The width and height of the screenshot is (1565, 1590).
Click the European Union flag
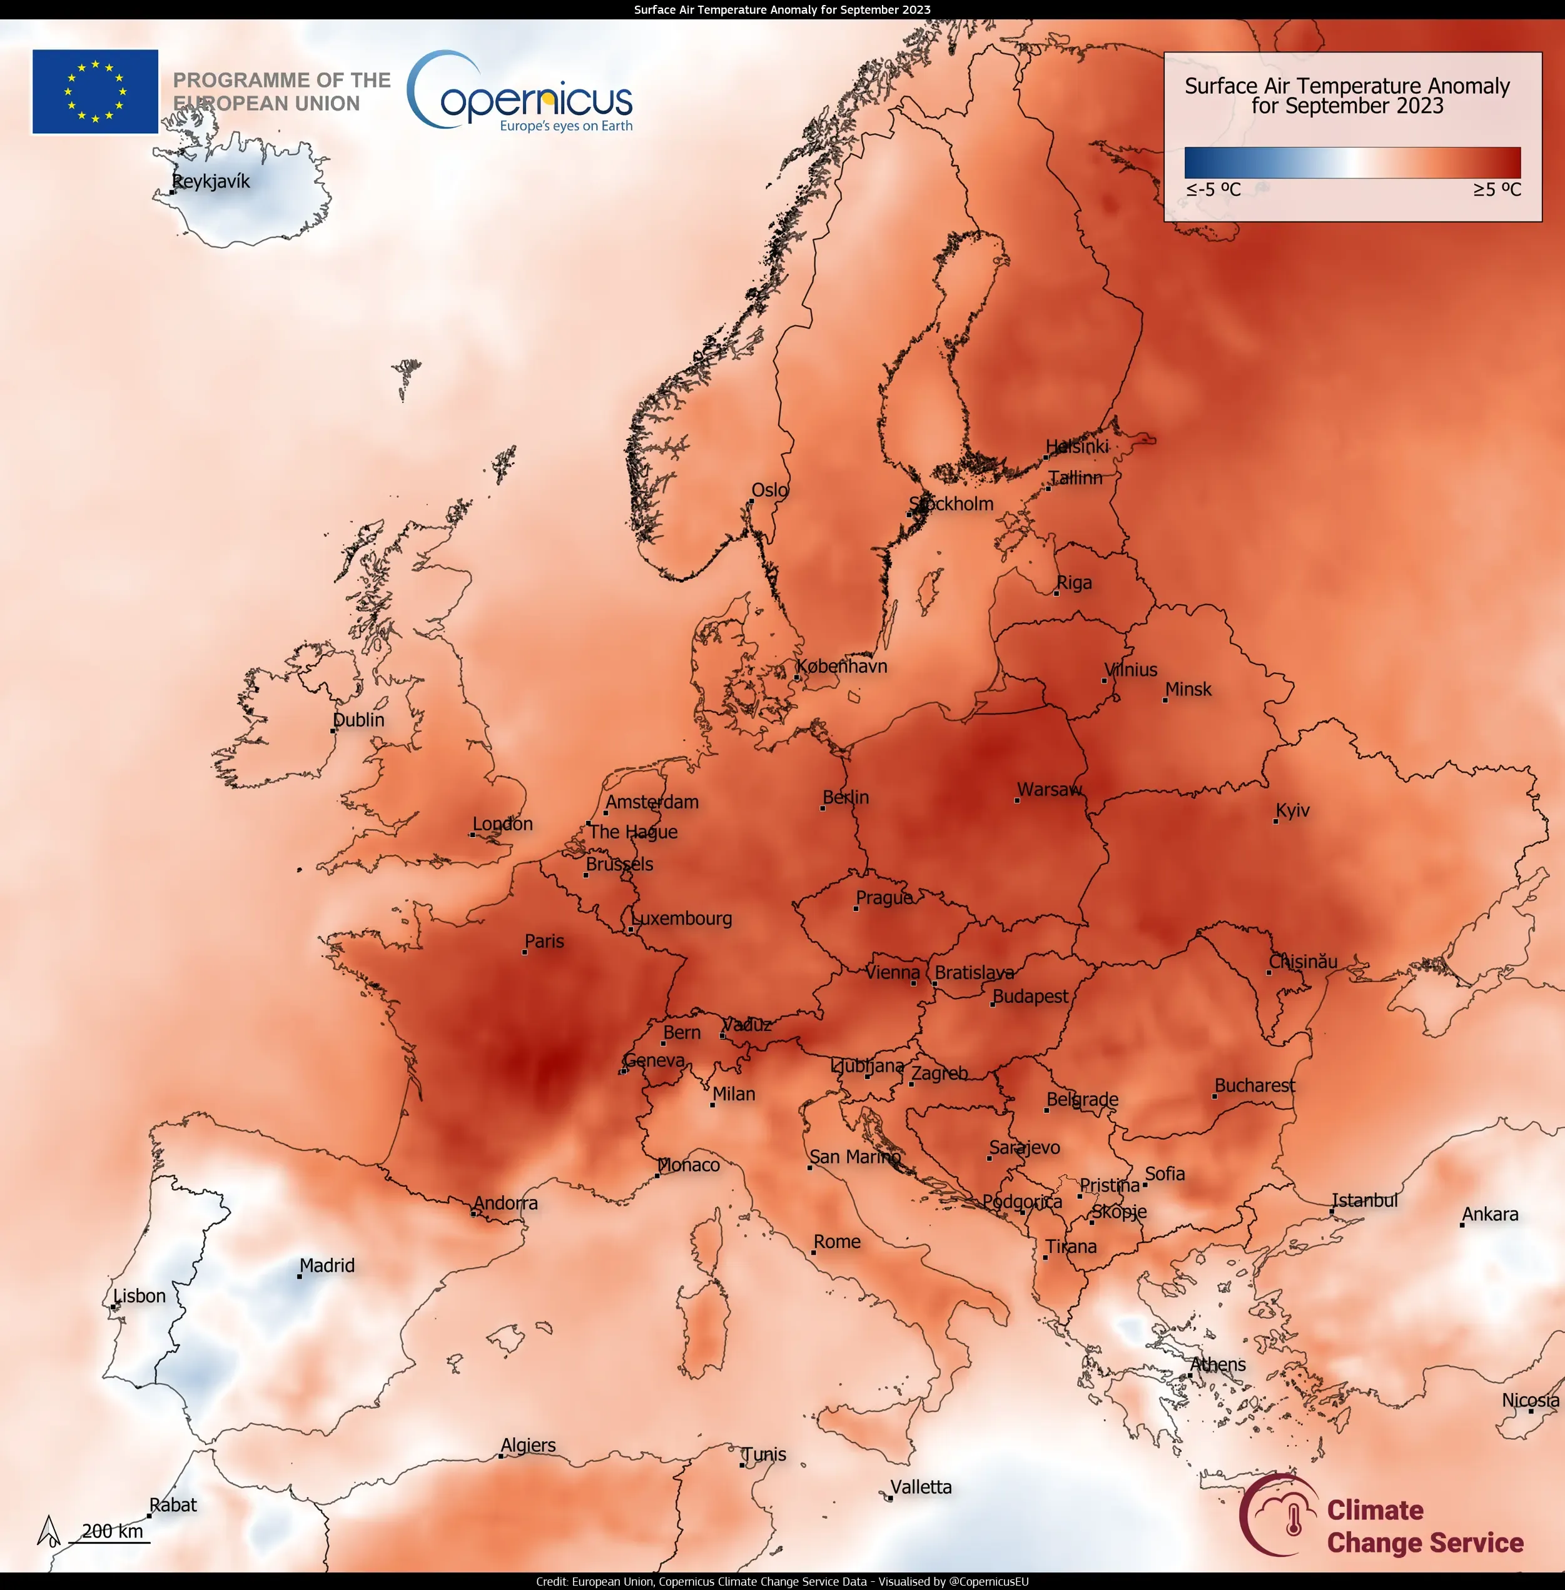click(x=95, y=91)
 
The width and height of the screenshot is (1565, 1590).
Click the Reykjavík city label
click(x=211, y=181)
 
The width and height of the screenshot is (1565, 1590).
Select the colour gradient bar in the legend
click(x=1352, y=163)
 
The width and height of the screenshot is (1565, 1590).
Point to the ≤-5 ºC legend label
click(x=1213, y=190)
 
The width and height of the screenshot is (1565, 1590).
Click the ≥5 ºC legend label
click(x=1497, y=190)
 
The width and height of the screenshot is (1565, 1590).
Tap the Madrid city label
click(x=327, y=1265)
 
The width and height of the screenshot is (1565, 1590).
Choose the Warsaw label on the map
click(x=1050, y=790)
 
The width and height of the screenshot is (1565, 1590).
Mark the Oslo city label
click(x=769, y=490)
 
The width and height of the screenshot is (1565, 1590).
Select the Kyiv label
click(x=1293, y=810)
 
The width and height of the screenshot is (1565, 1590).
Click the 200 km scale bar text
click(x=113, y=1531)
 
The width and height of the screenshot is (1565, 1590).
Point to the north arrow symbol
click(x=49, y=1531)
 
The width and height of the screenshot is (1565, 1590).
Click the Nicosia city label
click(x=1531, y=1400)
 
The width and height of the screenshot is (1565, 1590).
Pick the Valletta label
click(x=921, y=1487)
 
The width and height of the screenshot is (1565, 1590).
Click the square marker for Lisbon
click(x=113, y=1307)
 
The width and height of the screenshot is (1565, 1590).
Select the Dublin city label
click(x=358, y=720)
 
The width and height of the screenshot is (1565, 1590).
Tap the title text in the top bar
click(x=782, y=10)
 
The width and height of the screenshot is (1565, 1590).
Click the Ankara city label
click(x=1490, y=1214)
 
